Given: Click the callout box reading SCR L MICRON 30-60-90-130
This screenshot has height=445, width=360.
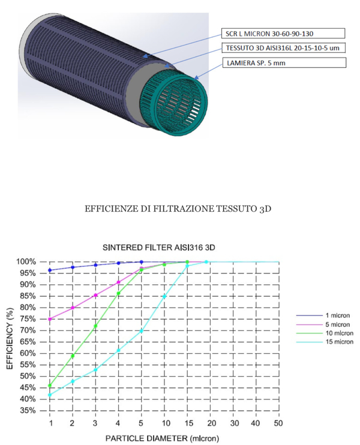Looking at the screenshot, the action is (x=283, y=34).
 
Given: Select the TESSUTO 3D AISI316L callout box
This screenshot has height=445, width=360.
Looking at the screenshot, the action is (x=284, y=48).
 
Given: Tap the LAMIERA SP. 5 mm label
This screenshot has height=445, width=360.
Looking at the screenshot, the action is (x=284, y=63).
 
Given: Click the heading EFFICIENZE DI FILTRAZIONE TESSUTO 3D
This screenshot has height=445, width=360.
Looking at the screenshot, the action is (x=178, y=209).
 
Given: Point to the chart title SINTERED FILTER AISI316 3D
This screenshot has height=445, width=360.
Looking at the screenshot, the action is (x=159, y=248).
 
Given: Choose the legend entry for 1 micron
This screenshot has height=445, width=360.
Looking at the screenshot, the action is (x=325, y=315).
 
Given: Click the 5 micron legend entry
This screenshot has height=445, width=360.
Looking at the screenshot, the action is (x=325, y=324).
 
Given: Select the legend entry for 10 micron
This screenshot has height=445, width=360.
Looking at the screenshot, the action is (x=325, y=333).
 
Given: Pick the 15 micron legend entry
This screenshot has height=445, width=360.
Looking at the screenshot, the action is (x=325, y=342).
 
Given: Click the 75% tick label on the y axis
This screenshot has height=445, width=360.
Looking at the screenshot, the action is (x=28, y=319).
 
